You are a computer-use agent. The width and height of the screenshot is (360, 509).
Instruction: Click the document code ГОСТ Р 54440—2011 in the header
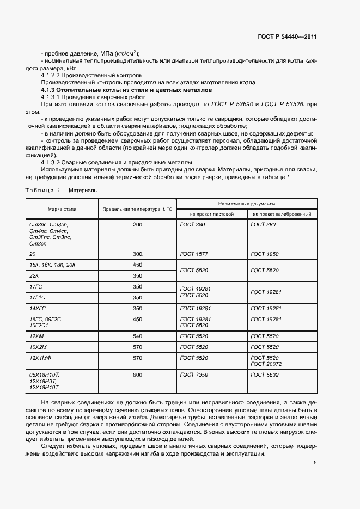coord(287,37)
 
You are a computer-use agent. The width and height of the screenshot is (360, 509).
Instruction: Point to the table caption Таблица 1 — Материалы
coord(62,189)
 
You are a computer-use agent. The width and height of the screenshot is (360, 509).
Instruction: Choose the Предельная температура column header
coord(137,208)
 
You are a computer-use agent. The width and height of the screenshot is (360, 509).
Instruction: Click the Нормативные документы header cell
coord(246,203)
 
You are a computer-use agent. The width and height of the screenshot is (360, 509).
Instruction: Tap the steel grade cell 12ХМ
coord(36,336)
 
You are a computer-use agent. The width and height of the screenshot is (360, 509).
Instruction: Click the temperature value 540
coord(137,336)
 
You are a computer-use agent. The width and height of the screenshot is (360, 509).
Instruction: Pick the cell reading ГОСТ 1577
coord(192,254)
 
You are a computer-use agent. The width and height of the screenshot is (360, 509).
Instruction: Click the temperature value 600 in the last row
coord(137,375)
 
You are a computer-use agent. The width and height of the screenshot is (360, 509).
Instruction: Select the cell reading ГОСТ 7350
coord(192,375)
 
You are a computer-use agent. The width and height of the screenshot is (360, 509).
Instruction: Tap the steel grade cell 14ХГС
coord(38,308)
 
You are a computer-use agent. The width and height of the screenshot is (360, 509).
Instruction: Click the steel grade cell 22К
coord(35,276)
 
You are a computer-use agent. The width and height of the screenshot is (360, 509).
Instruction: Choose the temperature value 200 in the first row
coord(137,224)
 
